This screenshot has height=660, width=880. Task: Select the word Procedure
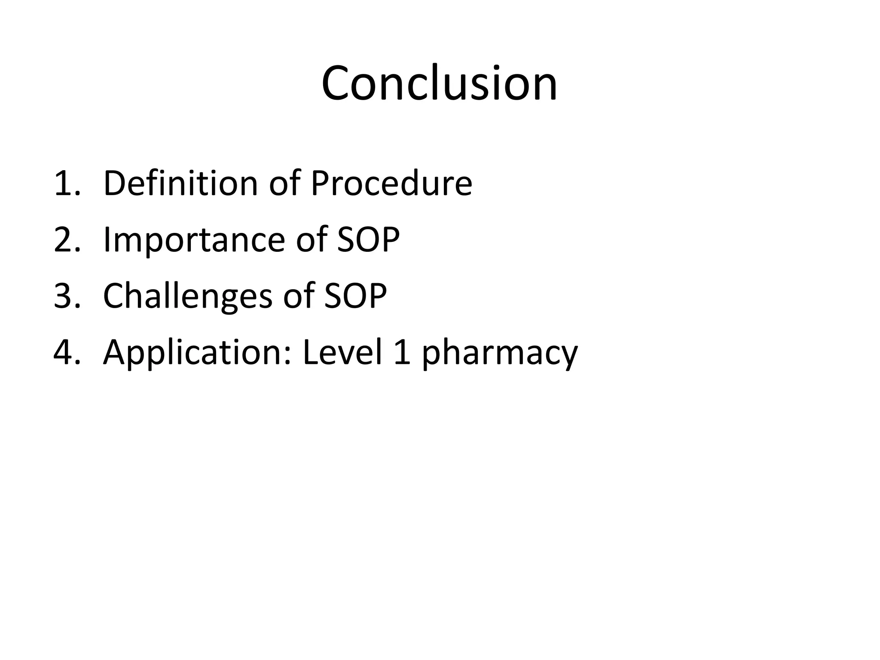[x=391, y=183]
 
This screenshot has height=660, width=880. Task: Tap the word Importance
[x=194, y=239]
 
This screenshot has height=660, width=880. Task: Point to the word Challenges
[x=188, y=296]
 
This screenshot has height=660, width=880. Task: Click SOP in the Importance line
[x=368, y=239]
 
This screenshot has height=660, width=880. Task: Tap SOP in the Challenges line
[x=355, y=296]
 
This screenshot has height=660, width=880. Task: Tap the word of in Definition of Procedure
[x=284, y=183]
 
